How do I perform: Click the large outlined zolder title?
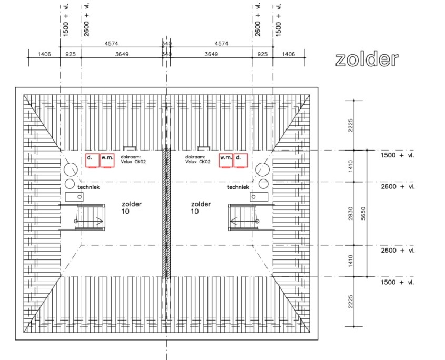tap(367, 59)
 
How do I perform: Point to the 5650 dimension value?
tap(363, 213)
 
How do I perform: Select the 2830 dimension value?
tap(351, 213)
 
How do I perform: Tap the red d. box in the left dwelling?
tap(93, 161)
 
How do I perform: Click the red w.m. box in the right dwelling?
tap(226, 161)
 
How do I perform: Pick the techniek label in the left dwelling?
tap(88, 187)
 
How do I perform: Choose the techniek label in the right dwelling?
tap(238, 187)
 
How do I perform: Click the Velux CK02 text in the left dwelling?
tap(133, 162)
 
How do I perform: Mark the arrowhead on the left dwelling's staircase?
tap(100, 221)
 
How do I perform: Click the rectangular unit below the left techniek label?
tap(74, 197)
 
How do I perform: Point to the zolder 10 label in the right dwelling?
tap(201, 208)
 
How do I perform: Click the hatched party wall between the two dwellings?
tap(166, 213)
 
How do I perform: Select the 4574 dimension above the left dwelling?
tap(111, 44)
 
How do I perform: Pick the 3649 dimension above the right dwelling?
tap(211, 54)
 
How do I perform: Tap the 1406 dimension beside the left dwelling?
tap(44, 54)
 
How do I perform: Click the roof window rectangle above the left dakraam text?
tap(130, 148)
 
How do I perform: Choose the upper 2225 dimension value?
tap(351, 125)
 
